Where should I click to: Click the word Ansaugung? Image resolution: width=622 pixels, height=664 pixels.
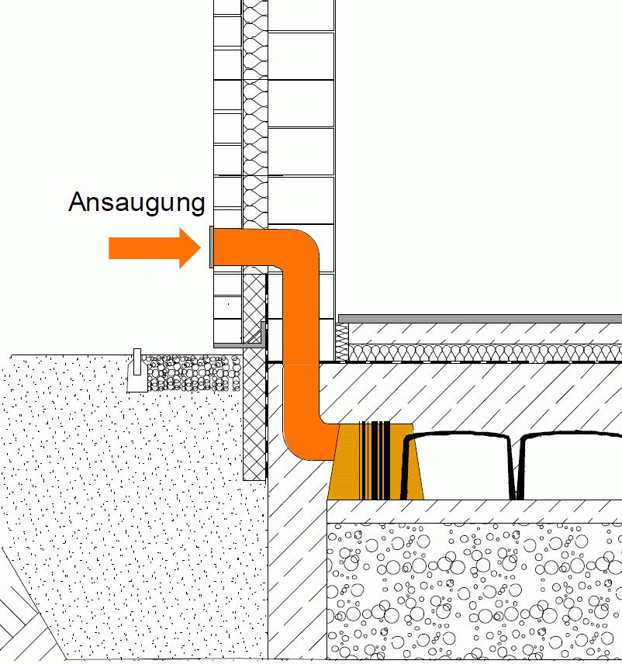point(136,202)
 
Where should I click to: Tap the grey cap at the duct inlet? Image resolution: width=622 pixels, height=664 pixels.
point(210,247)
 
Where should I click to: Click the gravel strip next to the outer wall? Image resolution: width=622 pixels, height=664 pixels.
point(190,372)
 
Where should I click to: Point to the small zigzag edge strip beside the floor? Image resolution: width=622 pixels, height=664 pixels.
point(341,341)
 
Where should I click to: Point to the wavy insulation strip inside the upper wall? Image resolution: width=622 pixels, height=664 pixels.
point(254,116)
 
